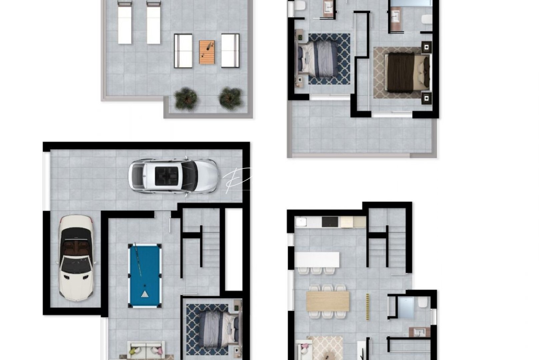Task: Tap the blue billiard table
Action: [x=145, y=275]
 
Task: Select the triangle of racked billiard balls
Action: [x=145, y=294]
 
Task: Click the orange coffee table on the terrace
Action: [x=207, y=52]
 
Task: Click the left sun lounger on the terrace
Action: [x=125, y=23]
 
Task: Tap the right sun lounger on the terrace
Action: [x=153, y=23]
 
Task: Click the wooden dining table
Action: [x=328, y=301]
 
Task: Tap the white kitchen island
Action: [x=317, y=259]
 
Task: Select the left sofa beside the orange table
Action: [x=183, y=51]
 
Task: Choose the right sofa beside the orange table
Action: [x=230, y=51]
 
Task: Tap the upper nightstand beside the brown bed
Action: [x=426, y=47]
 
